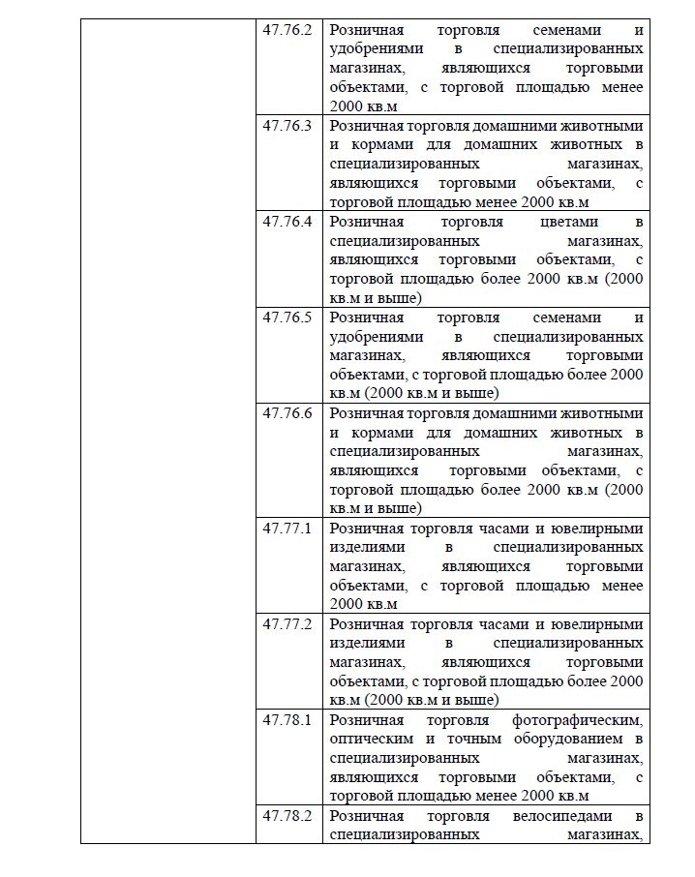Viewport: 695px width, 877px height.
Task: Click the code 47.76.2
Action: click(x=287, y=29)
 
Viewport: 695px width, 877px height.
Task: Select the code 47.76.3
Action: click(x=287, y=126)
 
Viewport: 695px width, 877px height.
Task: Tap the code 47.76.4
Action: click(x=287, y=222)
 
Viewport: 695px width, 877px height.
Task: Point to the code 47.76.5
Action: click(x=287, y=318)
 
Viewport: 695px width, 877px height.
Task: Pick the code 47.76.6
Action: click(x=287, y=413)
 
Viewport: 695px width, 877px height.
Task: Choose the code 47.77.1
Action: click(x=287, y=528)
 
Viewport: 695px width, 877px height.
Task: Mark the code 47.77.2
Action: click(x=287, y=623)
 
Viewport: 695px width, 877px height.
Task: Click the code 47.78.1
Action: click(x=287, y=719)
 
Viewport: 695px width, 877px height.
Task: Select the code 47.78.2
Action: click(x=287, y=815)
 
